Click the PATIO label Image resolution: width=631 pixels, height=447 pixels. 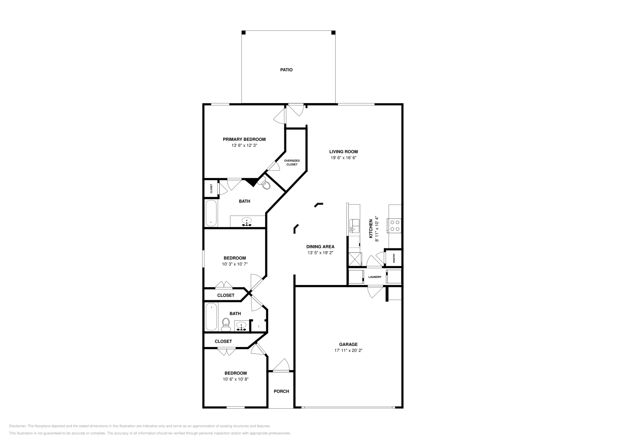coord(286,70)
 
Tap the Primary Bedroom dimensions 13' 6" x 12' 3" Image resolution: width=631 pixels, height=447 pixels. coord(244,146)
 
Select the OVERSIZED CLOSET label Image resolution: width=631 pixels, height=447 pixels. coord(292,162)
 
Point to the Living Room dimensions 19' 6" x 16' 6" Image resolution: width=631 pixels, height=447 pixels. coord(344,158)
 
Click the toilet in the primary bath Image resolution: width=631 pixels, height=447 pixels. coord(264,183)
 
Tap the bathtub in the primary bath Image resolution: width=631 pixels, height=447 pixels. coord(211,213)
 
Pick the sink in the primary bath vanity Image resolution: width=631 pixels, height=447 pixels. coord(247,222)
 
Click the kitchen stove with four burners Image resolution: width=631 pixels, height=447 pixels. coord(394,225)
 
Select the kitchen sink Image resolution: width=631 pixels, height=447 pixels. coord(355,226)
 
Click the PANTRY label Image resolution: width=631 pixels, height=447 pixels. coord(394,258)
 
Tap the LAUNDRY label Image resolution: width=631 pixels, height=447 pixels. coord(375,277)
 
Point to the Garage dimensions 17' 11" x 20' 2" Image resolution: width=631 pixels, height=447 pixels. coord(348,351)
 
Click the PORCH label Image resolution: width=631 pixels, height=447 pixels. coord(282,391)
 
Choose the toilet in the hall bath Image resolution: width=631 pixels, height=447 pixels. coord(226,325)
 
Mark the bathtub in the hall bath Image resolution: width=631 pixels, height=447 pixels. coord(211,317)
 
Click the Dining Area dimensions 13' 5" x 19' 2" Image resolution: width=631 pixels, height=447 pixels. coord(320,253)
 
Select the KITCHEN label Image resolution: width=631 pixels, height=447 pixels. coord(371,229)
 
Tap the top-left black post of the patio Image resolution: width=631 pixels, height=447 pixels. coord(244,33)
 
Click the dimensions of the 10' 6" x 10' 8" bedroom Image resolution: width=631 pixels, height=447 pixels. coord(235,379)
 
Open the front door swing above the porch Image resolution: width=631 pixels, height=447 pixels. coord(282,365)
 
